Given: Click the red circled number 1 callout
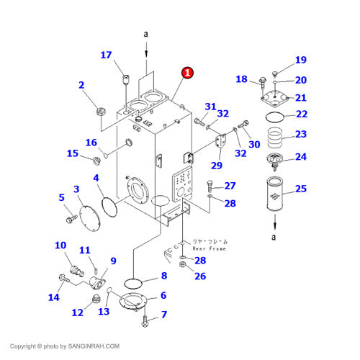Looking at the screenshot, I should coord(187,73).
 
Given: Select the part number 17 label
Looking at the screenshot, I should coord(106,55).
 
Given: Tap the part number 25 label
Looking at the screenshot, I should coord(300,189).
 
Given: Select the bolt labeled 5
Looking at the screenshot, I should coord(69,214).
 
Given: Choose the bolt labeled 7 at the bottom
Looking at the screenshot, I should coord(146,317).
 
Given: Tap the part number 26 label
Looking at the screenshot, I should coord(200,276).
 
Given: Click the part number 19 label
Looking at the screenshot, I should coord(300,60).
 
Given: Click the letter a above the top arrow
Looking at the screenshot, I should coord(146,34).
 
